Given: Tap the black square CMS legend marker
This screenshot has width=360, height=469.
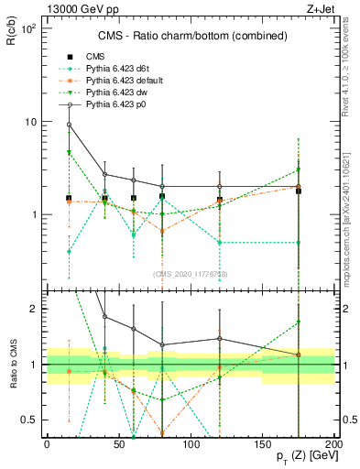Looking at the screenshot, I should (69, 56).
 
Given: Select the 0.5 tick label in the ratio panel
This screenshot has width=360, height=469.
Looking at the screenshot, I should (31, 420).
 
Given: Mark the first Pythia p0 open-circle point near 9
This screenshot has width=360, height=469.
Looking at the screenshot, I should (69, 125).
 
